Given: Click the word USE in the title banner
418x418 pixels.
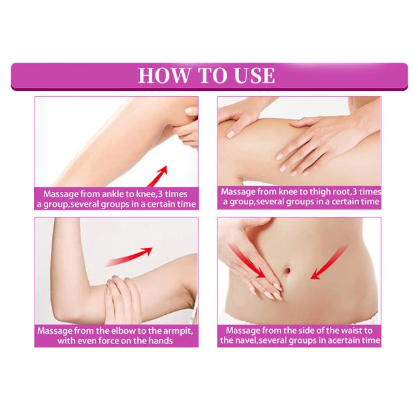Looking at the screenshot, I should click(252, 75).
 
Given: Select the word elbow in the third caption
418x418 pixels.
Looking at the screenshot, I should click(120, 330).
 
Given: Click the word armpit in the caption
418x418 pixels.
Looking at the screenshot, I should click(176, 330).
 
